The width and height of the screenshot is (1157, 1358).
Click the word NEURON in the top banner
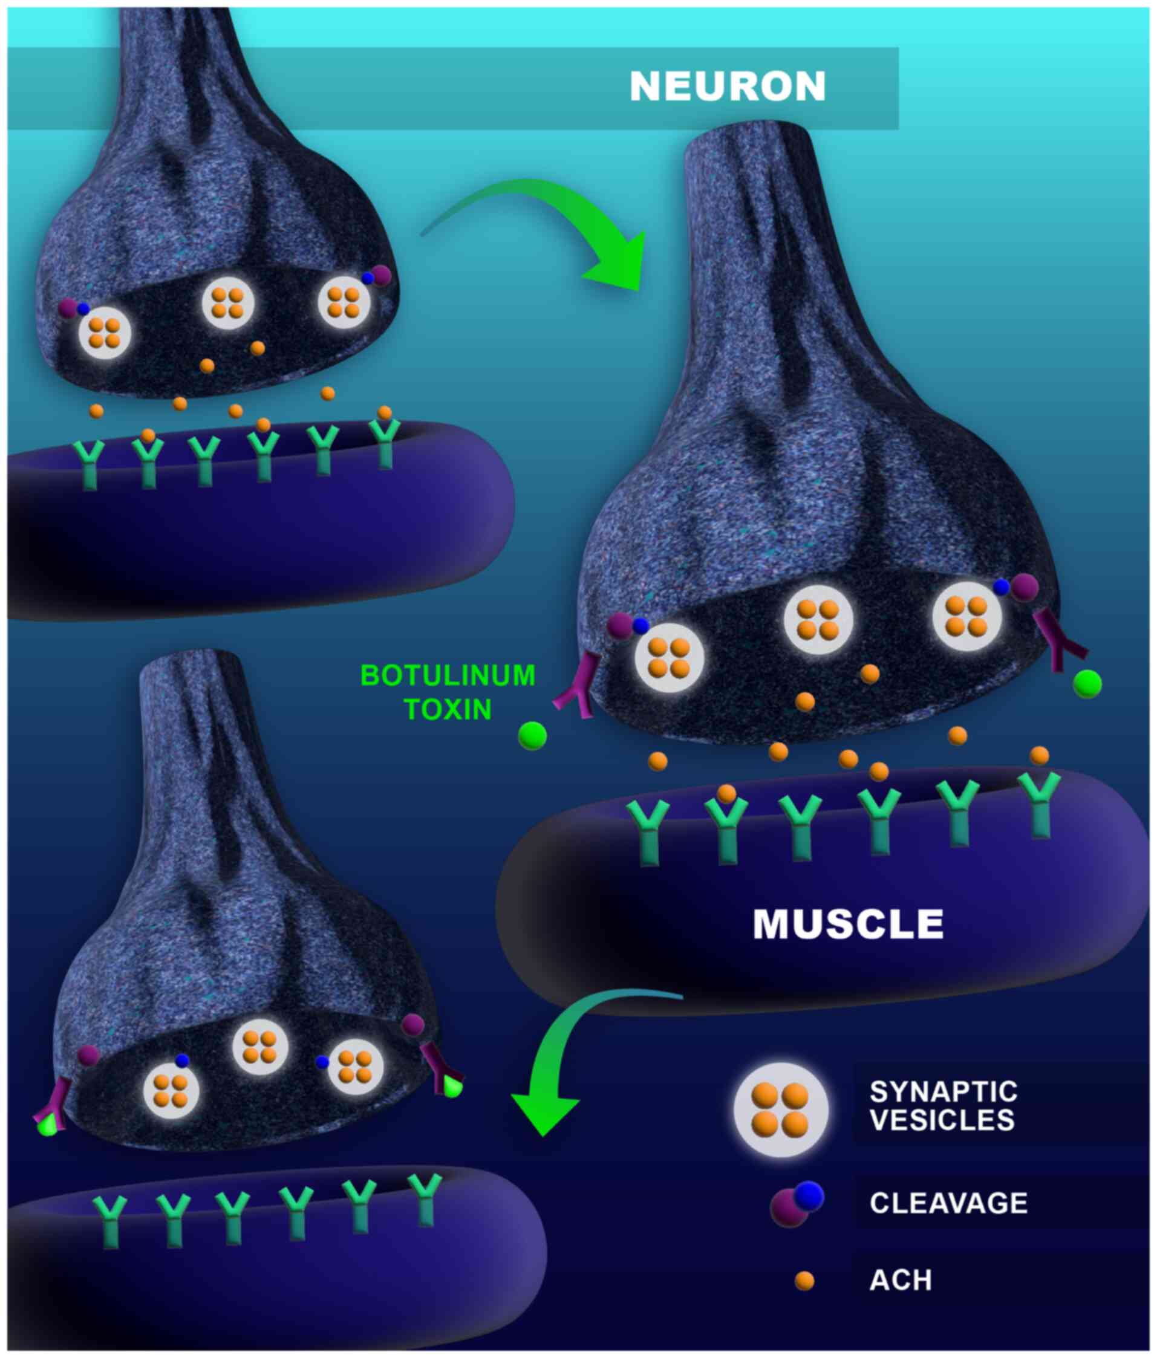click(727, 86)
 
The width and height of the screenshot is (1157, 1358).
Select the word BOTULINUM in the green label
click(448, 676)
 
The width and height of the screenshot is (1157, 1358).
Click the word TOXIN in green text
click(448, 709)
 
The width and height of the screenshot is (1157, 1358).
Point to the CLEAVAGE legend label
click(948, 1203)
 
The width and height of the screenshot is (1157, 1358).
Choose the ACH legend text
click(900, 1280)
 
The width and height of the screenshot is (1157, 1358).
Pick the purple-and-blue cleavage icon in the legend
click(796, 1203)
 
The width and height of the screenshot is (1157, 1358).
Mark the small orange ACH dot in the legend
click(804, 1281)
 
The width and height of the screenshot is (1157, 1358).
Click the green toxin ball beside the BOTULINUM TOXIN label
click(532, 736)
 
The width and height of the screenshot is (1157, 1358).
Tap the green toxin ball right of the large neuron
click(1087, 684)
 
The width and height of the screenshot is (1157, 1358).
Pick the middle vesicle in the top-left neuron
click(227, 303)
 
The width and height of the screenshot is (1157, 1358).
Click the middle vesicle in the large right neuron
click(819, 620)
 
